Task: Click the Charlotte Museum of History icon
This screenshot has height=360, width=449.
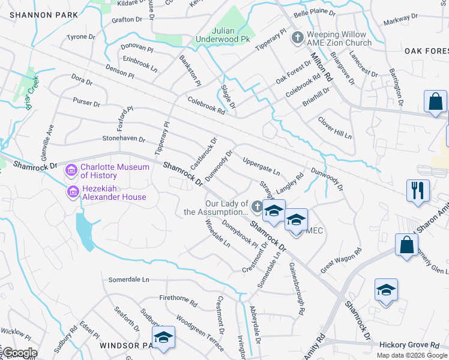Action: [71, 171]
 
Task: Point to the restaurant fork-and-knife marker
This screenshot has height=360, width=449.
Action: [418, 191]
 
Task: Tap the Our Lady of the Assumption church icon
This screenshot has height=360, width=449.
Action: [257, 208]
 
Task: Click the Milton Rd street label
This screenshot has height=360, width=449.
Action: [322, 66]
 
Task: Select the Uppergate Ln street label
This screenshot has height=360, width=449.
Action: [261, 166]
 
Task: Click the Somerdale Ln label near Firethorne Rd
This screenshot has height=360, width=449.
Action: [128, 280]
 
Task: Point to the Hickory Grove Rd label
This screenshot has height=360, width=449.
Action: [410, 345]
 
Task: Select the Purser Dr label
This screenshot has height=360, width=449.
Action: [86, 103]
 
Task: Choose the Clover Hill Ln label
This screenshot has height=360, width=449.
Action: [334, 127]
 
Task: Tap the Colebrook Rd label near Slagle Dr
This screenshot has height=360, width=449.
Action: [206, 106]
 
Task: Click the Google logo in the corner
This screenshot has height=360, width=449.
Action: [19, 353]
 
